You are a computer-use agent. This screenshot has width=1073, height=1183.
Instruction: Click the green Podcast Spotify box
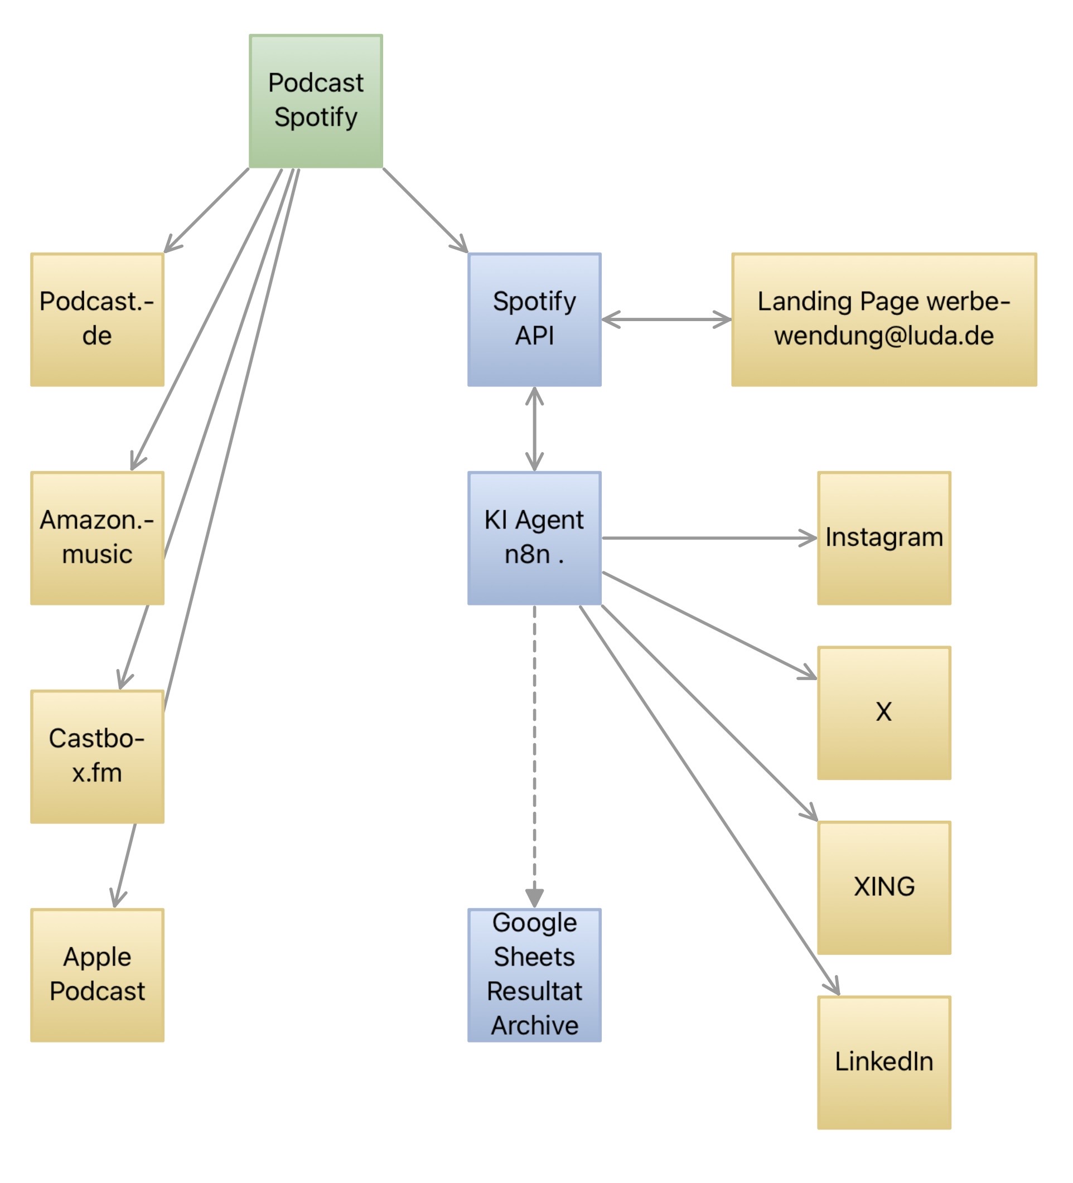tap(316, 101)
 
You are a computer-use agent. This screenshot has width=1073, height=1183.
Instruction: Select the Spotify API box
tap(534, 320)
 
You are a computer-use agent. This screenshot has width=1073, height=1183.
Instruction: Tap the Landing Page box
tap(883, 320)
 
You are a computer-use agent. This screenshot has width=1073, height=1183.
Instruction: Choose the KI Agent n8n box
tap(534, 538)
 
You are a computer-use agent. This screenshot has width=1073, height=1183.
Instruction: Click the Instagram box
tap(883, 538)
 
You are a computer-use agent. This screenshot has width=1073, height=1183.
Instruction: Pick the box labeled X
tap(883, 713)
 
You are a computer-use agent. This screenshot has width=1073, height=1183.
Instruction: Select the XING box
tap(883, 888)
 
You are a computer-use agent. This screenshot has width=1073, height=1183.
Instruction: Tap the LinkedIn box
tap(883, 1063)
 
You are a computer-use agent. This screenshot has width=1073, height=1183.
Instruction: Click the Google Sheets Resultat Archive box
tap(534, 975)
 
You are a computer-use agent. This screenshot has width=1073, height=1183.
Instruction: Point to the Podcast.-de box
tap(97, 320)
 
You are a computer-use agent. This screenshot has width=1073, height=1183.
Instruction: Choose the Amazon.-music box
tap(97, 538)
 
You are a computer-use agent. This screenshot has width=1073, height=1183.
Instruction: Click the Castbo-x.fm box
tap(97, 757)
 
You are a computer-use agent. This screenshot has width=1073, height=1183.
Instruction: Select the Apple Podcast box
tap(97, 975)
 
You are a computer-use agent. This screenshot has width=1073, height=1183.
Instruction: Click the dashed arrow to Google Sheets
tap(534, 751)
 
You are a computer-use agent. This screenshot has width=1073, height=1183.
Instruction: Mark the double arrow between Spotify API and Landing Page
tap(666, 320)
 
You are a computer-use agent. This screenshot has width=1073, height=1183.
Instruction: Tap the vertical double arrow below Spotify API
tap(534, 429)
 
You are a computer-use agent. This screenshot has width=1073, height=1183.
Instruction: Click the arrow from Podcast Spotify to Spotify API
tap(424, 210)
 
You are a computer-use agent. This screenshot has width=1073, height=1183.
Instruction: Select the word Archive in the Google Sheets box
tap(534, 1026)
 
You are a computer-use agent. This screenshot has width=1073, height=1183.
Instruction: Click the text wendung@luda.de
tap(883, 336)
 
